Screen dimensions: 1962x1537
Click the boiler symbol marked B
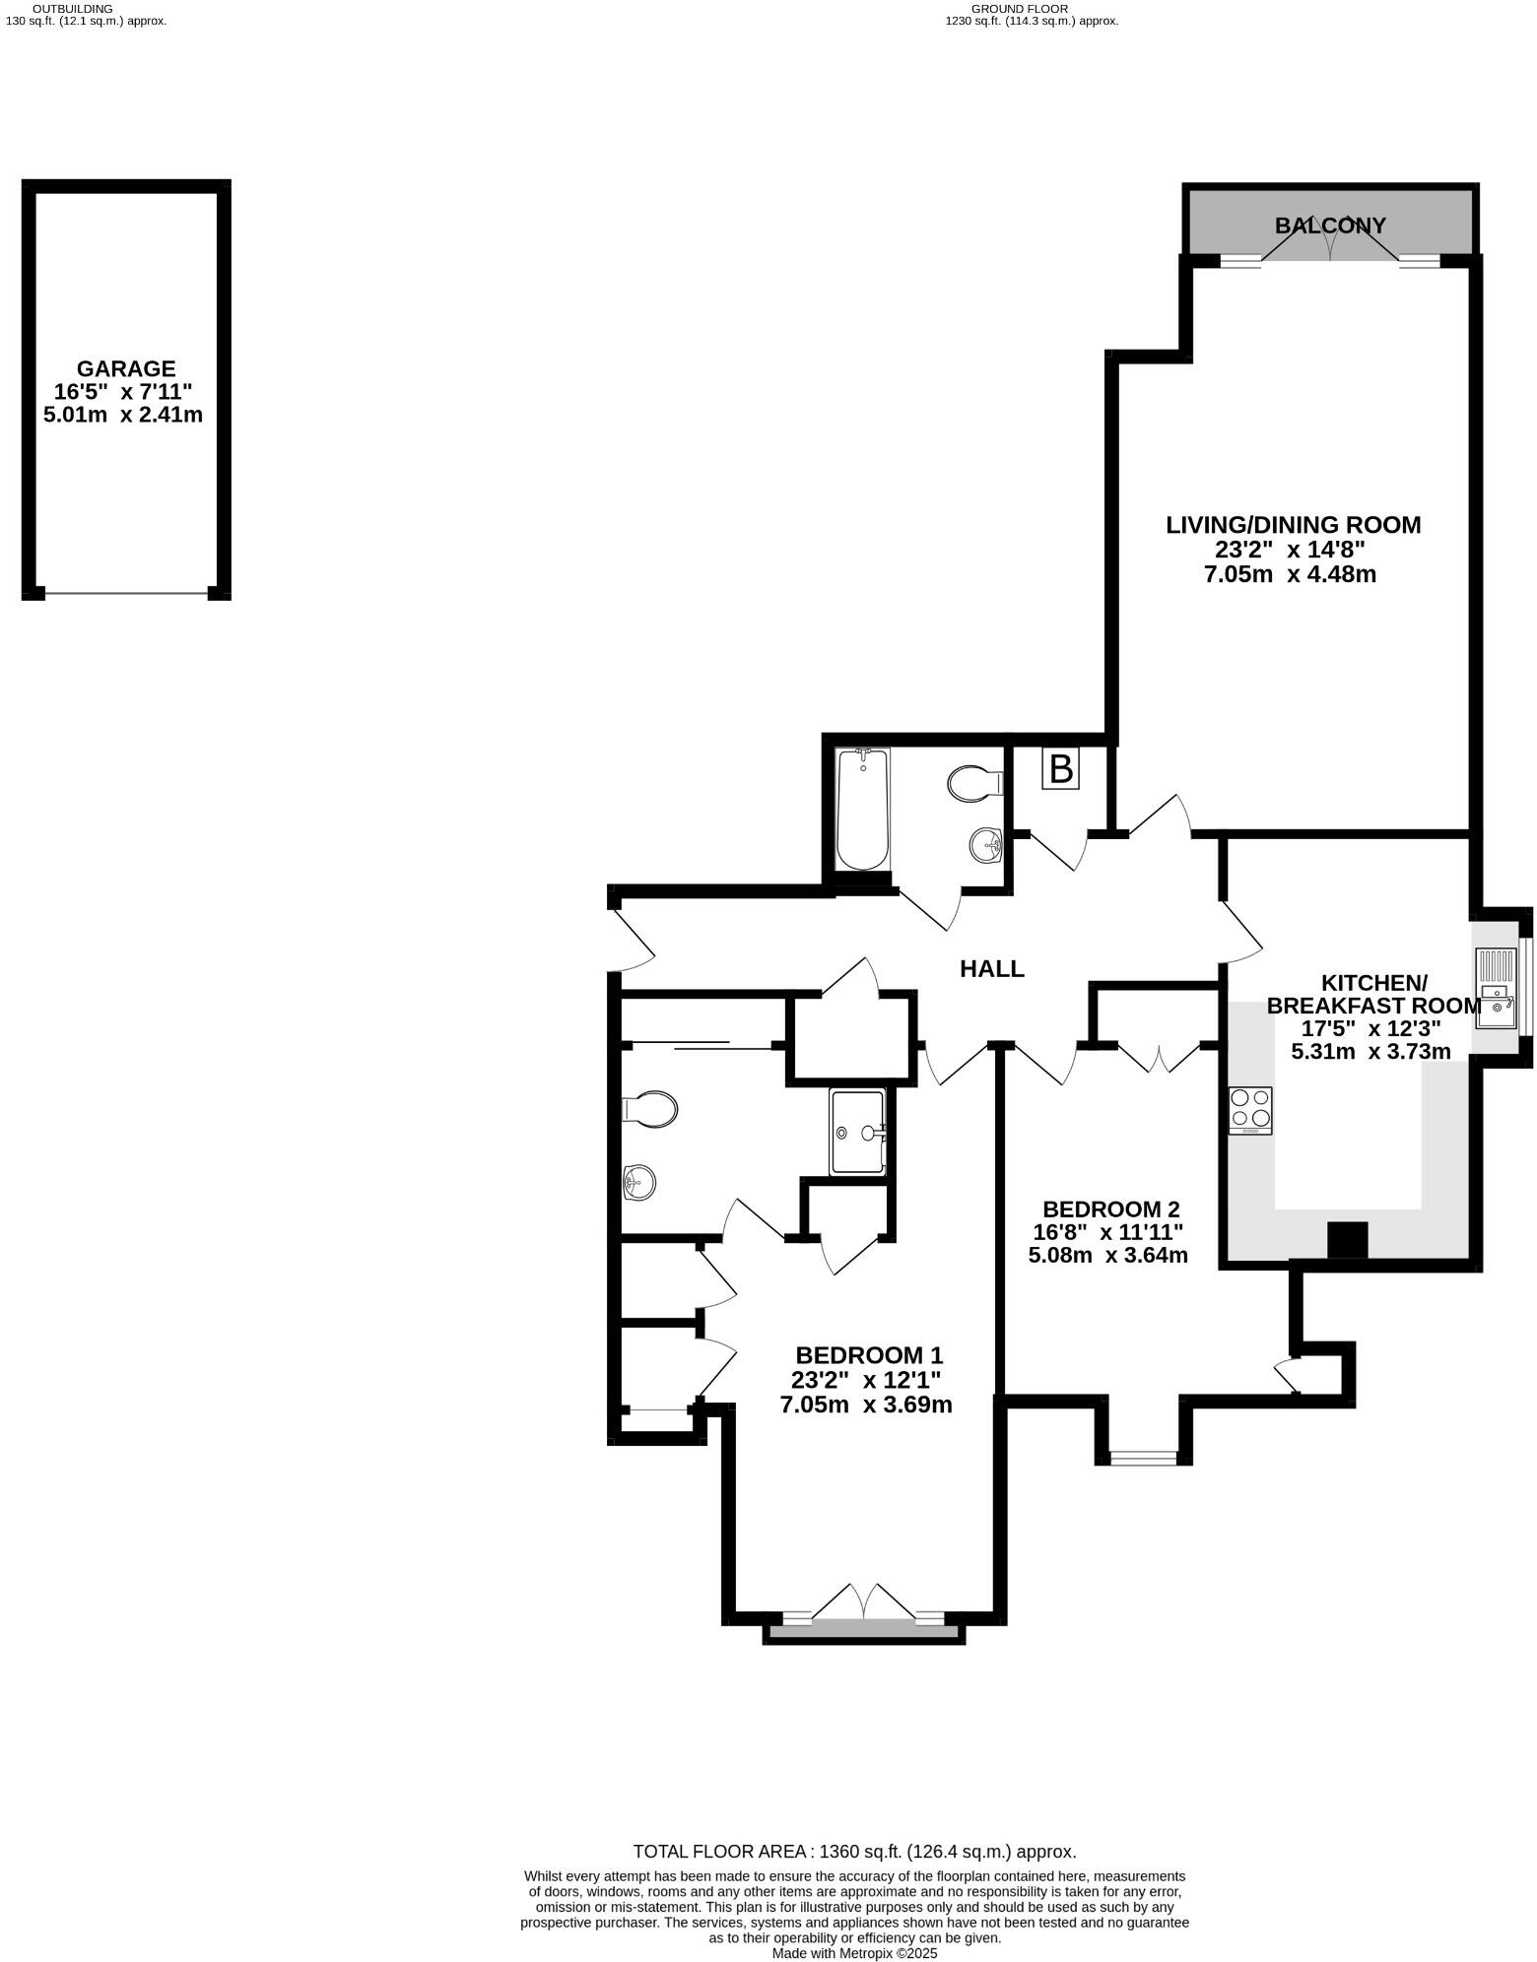[1060, 768]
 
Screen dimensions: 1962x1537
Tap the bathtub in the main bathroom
[862, 810]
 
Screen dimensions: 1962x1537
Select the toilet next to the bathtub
[972, 784]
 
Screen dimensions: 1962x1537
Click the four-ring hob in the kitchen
[1249, 1110]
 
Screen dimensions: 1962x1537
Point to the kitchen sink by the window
[1496, 989]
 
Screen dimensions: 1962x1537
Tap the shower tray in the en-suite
[858, 1132]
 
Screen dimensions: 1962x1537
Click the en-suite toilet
[650, 1110]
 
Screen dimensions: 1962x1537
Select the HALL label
[992, 969]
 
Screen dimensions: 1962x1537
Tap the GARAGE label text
[126, 369]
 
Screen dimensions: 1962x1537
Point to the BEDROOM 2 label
[1111, 1209]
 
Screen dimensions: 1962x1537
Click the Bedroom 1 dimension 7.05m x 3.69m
[866, 1405]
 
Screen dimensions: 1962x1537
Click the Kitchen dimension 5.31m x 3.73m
[1370, 1051]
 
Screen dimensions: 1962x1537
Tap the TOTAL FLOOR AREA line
[854, 1852]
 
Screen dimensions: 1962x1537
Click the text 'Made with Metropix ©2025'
[854, 1953]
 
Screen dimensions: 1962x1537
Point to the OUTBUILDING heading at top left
[73, 8]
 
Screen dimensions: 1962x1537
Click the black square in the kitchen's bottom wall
[1348, 1240]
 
